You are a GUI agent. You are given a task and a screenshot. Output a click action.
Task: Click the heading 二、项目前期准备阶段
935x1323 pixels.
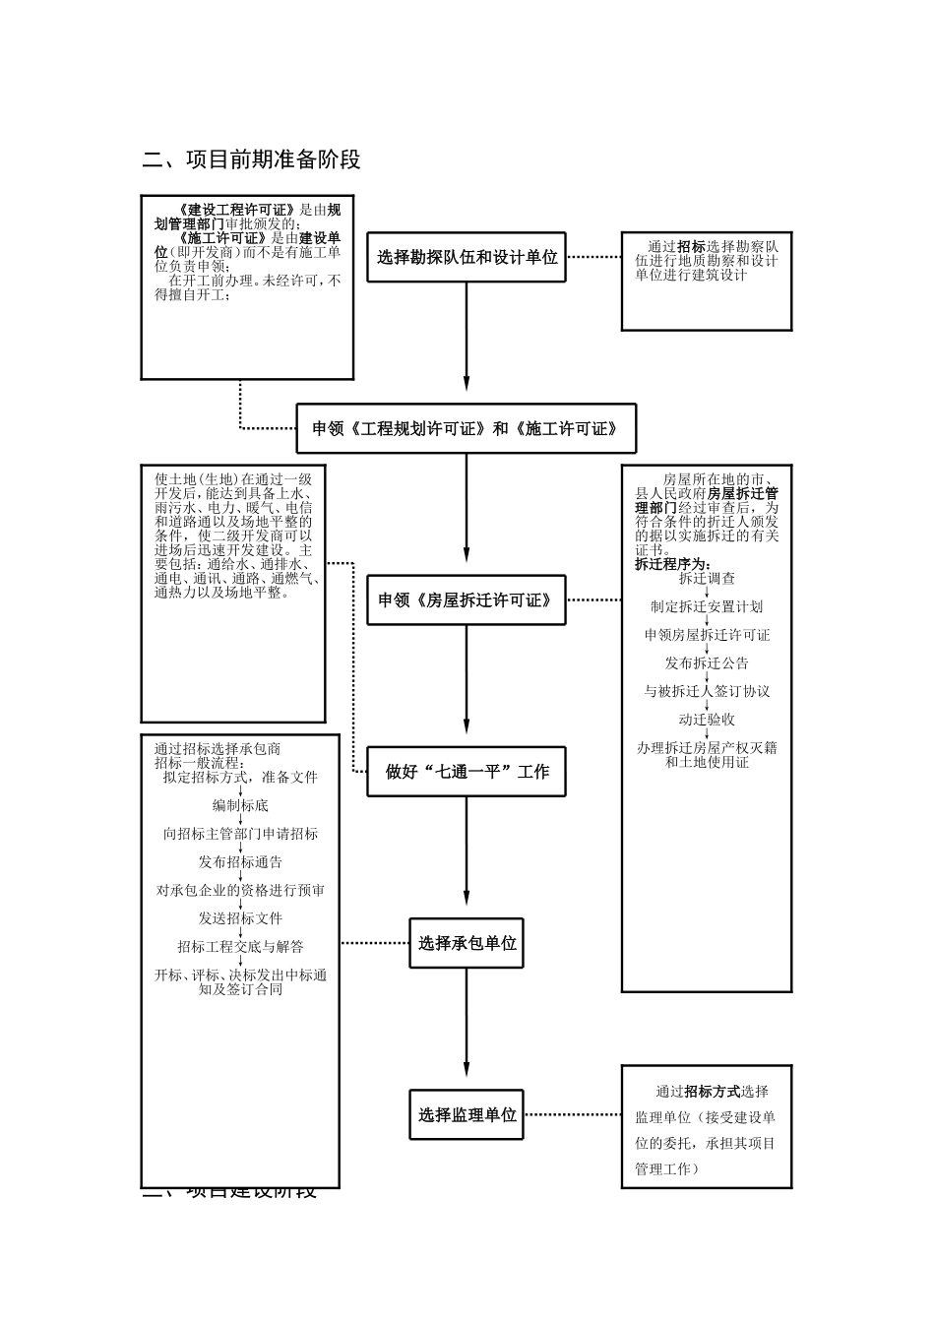[x=252, y=159]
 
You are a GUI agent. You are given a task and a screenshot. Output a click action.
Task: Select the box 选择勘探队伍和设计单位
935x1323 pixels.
[x=467, y=257]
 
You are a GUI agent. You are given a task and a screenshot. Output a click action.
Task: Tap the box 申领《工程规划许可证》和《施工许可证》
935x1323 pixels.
[x=467, y=428]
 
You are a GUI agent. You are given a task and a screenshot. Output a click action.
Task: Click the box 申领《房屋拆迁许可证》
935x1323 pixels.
[x=467, y=599]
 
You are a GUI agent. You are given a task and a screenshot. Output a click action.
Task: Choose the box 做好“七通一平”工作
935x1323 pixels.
[x=467, y=772]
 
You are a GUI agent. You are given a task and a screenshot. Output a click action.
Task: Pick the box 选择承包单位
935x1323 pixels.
[x=467, y=943]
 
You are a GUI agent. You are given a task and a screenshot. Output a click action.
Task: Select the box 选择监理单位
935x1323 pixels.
[x=467, y=1114]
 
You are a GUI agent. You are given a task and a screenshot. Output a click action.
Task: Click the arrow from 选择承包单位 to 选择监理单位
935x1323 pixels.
[x=467, y=1028]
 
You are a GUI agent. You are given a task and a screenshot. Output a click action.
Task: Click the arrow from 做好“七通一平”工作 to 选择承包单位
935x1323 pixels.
[x=467, y=856]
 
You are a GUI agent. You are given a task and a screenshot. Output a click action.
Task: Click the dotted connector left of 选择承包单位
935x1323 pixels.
[x=375, y=943]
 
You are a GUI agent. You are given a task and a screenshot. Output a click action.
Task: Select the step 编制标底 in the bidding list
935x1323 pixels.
[x=240, y=805]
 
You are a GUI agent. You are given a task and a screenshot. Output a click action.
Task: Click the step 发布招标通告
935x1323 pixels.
[x=240, y=862]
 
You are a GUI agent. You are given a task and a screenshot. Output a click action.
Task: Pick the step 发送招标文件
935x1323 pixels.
[x=240, y=918]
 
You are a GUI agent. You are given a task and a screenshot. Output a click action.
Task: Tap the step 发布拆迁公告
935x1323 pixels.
[x=707, y=663]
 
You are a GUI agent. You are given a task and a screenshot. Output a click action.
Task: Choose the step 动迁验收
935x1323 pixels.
[x=707, y=720]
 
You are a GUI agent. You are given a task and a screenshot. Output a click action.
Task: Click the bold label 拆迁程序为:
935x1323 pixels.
[x=672, y=565]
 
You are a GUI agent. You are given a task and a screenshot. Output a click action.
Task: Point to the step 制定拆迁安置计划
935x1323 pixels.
[x=707, y=607]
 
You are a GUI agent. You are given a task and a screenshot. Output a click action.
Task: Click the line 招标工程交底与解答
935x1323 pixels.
[x=240, y=947]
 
